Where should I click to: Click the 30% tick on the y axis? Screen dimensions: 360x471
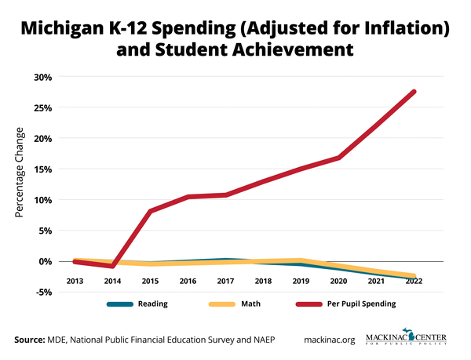[42, 77]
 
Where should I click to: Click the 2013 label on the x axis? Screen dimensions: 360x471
[75, 280]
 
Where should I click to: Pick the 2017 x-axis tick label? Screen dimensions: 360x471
[225, 280]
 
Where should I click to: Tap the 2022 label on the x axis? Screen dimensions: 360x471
[414, 280]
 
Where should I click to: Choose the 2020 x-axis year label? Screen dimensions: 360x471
[338, 280]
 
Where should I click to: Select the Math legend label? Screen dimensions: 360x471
[252, 303]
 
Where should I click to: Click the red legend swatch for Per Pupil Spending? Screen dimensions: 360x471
[309, 303]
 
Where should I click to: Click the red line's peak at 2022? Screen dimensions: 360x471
[414, 92]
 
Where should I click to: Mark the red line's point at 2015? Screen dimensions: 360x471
[150, 211]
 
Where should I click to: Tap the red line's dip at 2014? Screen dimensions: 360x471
[112, 266]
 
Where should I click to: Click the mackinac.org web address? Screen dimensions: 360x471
[330, 340]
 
